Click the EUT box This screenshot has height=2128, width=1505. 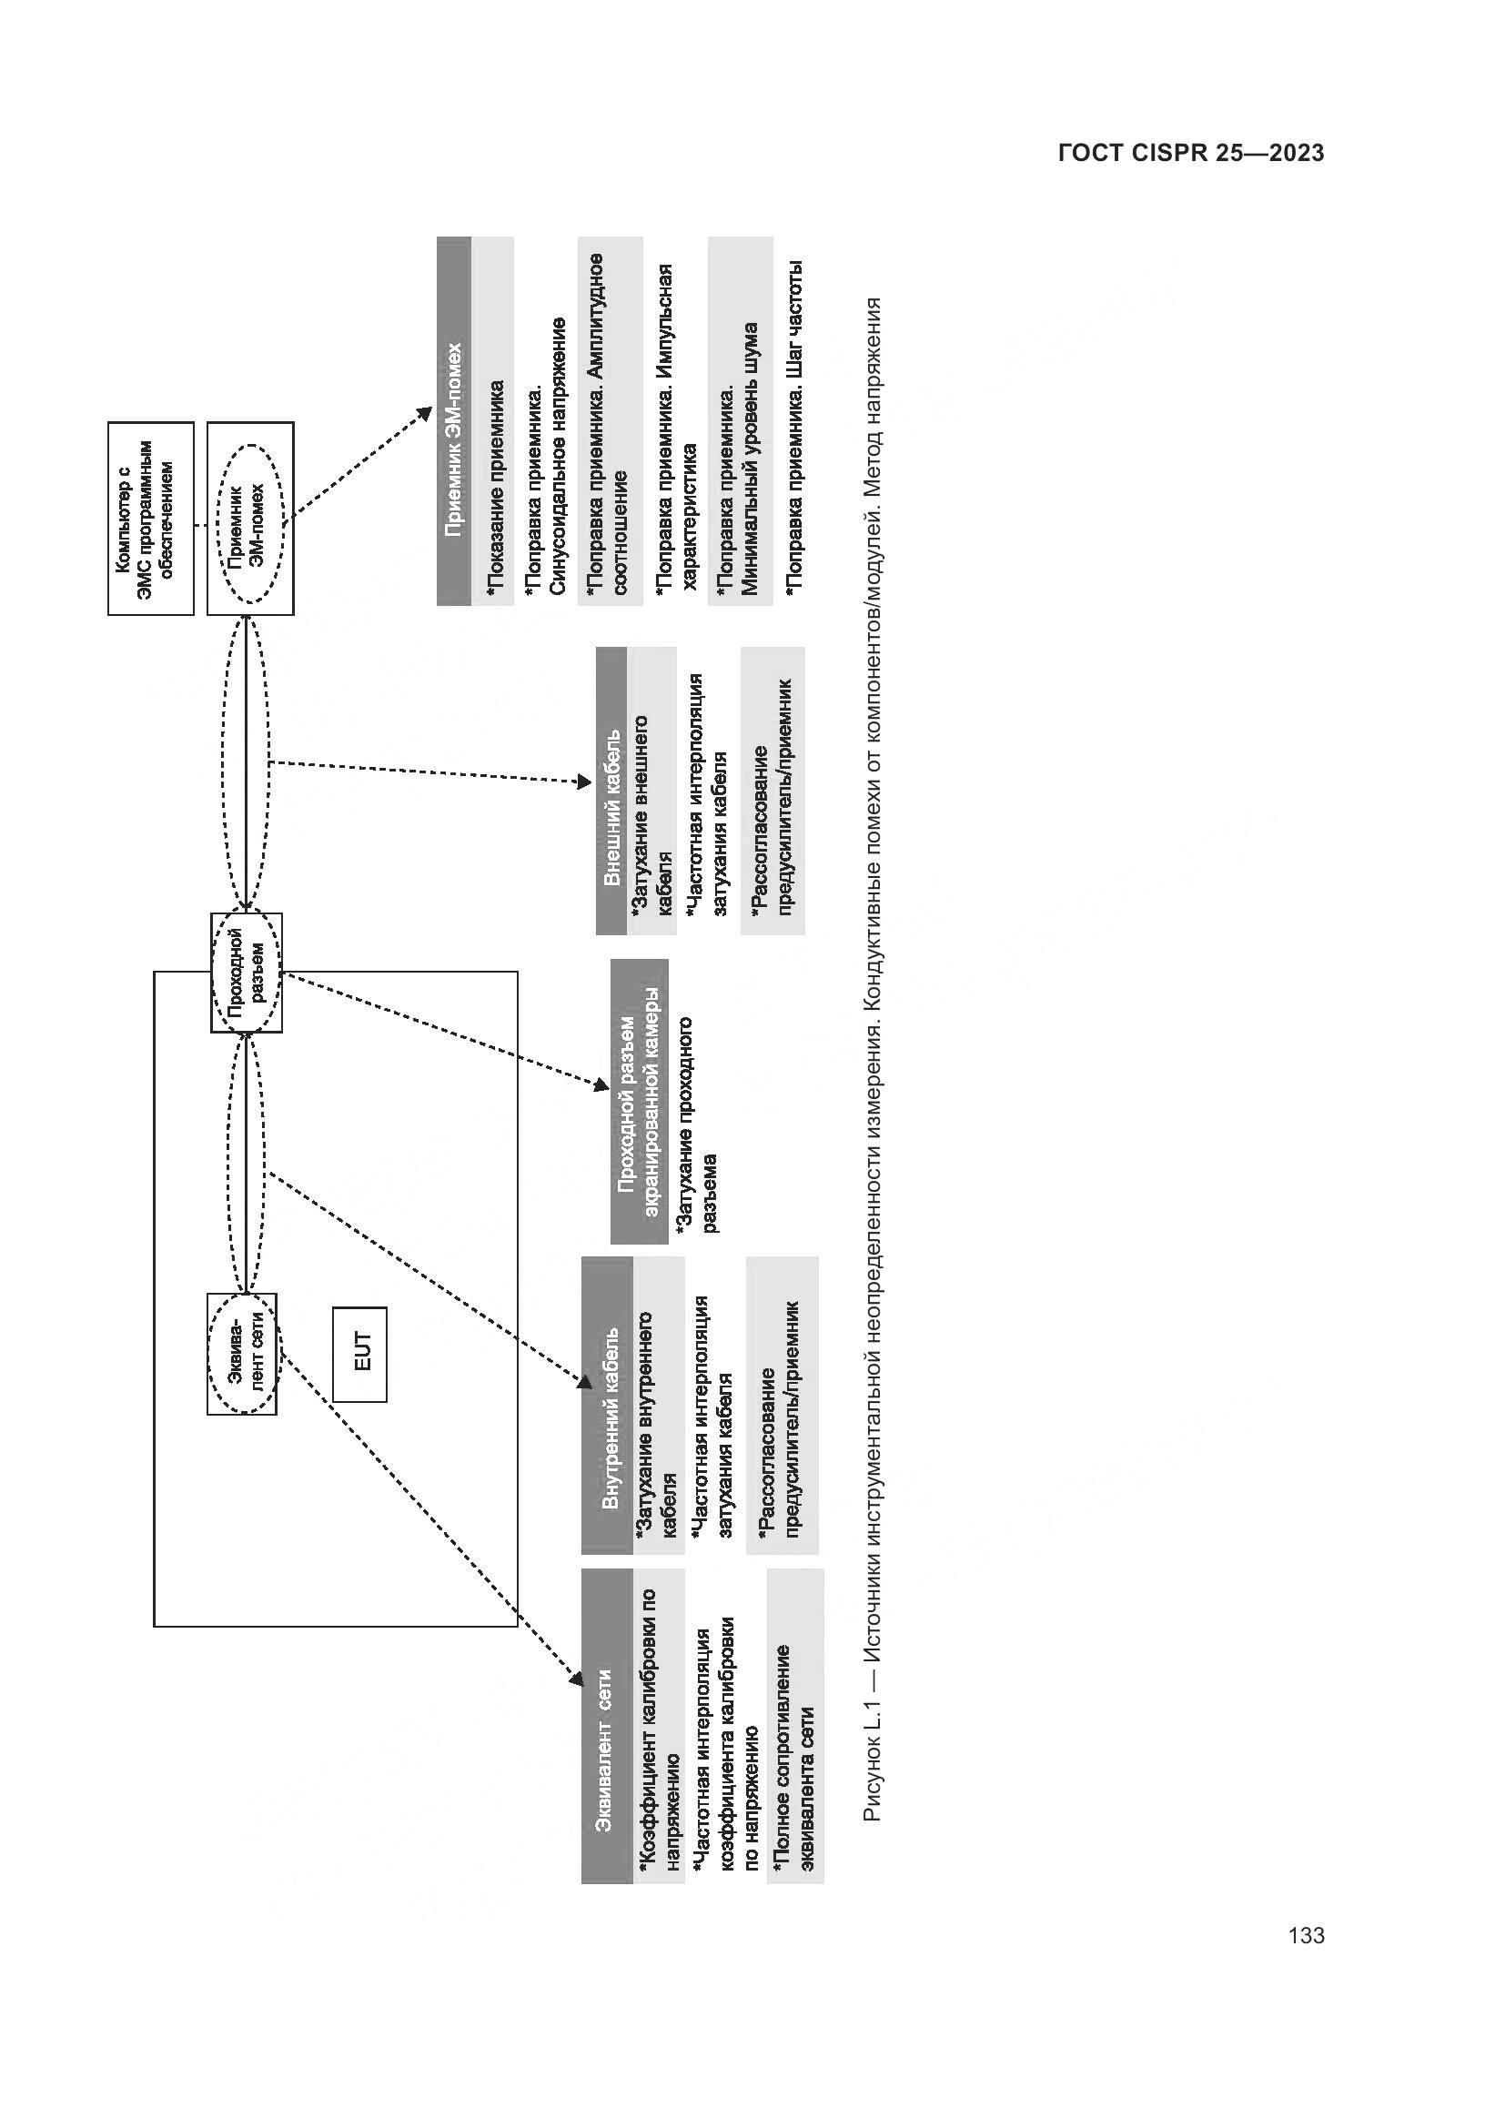click(359, 1353)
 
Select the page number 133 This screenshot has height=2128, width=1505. click(1306, 1935)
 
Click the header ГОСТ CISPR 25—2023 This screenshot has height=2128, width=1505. click(1191, 153)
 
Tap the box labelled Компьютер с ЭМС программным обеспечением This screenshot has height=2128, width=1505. click(151, 518)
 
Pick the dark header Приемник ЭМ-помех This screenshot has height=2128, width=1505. click(454, 422)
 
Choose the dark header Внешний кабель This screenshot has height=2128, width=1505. click(611, 791)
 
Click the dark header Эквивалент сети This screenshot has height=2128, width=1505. click(608, 1726)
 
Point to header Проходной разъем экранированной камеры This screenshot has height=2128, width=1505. click(640, 1101)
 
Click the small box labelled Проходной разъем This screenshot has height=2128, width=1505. click(247, 973)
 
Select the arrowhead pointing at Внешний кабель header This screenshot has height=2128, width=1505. click(585, 782)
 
